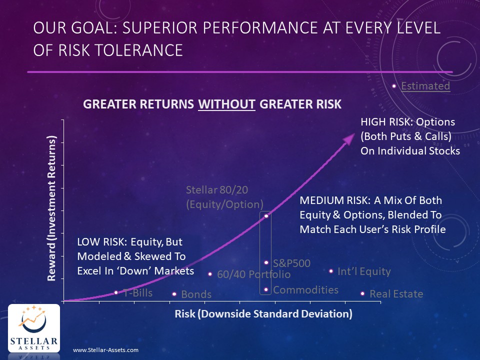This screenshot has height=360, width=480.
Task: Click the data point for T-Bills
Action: [x=116, y=292]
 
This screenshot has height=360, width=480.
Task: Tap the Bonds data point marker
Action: [x=174, y=294]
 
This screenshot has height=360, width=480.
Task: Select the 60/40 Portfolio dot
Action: [x=210, y=274]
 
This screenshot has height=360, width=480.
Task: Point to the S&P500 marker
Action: [x=266, y=262]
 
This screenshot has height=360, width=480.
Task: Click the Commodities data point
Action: [x=266, y=289]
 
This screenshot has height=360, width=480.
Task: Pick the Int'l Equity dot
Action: [x=331, y=271]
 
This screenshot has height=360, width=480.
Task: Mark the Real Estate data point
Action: [x=362, y=293]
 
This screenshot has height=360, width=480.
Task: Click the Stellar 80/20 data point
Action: [x=266, y=216]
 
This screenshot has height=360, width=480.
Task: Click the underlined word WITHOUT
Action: [x=226, y=104]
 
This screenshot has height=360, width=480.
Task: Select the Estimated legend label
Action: [x=425, y=86]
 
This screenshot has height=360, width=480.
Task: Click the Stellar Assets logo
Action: [x=34, y=328]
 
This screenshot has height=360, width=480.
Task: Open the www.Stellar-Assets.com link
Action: [x=105, y=350]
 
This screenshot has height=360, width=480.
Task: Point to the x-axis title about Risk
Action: [x=263, y=314]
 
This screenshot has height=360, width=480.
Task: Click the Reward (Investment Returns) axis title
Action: [x=51, y=208]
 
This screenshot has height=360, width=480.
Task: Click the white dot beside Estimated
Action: [x=394, y=86]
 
